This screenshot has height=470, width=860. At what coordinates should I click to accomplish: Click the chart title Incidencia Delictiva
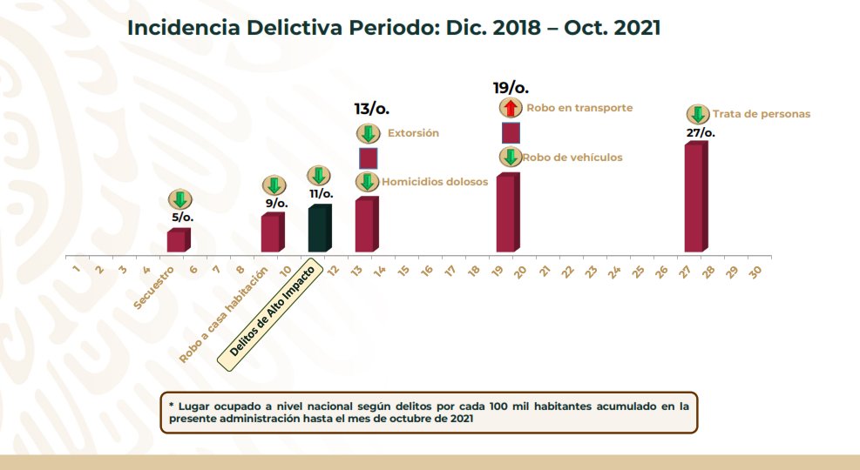pos(393,27)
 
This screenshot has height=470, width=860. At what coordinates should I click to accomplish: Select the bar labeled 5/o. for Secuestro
pos(178,241)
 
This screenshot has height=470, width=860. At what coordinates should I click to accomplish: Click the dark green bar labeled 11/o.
pos(320,229)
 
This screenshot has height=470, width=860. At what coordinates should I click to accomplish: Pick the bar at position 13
pos(366,225)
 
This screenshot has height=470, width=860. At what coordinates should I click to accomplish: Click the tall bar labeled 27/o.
pos(695,198)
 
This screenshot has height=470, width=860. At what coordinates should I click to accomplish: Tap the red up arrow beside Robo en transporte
pos(511,108)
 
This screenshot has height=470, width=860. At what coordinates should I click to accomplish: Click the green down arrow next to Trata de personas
pos(697,114)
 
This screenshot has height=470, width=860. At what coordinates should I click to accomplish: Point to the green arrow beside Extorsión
pos(368,134)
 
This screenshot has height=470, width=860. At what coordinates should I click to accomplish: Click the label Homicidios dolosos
pos(434,182)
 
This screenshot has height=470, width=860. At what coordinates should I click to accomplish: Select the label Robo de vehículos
pos(572,158)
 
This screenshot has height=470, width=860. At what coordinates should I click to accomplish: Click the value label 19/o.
pos(511,87)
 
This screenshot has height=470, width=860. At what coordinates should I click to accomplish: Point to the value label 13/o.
pos(371,109)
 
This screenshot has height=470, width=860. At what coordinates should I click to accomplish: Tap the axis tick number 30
pos(755,271)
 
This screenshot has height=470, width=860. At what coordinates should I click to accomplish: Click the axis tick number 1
pos(77,271)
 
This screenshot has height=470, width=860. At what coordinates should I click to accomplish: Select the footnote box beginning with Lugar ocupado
pos(429,413)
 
